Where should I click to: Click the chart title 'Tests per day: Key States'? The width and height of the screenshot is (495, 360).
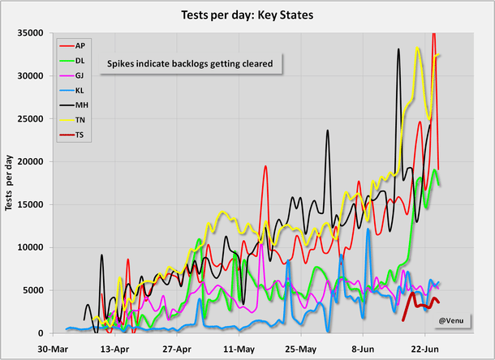[247, 15]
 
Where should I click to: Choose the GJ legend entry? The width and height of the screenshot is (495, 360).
[79, 74]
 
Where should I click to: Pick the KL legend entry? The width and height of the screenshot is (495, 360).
[79, 89]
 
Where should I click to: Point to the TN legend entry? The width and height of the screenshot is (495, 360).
[79, 119]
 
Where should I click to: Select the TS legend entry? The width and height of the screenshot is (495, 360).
[79, 135]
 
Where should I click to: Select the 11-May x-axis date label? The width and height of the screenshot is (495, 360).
[239, 349]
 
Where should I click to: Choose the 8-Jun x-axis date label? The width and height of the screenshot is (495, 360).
[362, 349]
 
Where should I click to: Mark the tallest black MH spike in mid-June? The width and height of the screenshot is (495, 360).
[398, 49]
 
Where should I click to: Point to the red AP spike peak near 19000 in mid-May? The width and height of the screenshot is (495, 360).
[265, 166]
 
